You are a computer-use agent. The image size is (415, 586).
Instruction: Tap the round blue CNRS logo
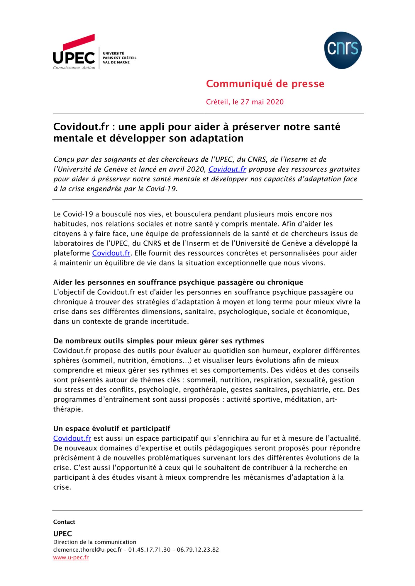(x=343, y=50)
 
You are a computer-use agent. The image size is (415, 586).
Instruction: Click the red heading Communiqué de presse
(x=265, y=84)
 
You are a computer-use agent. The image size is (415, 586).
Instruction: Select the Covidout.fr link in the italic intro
(x=227, y=169)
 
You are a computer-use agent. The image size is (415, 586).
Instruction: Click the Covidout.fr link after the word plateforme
(x=111, y=253)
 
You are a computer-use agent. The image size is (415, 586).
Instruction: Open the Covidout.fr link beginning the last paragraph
(x=72, y=439)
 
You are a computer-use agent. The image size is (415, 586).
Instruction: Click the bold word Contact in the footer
(x=64, y=522)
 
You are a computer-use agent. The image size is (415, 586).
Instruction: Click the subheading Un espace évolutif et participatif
(x=112, y=429)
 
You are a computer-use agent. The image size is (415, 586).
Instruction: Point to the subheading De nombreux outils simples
(x=159, y=341)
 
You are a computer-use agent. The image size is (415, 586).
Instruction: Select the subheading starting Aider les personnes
(x=178, y=282)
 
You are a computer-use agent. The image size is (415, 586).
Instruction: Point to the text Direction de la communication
(x=95, y=542)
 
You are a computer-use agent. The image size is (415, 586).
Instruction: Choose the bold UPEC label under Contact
(x=62, y=534)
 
